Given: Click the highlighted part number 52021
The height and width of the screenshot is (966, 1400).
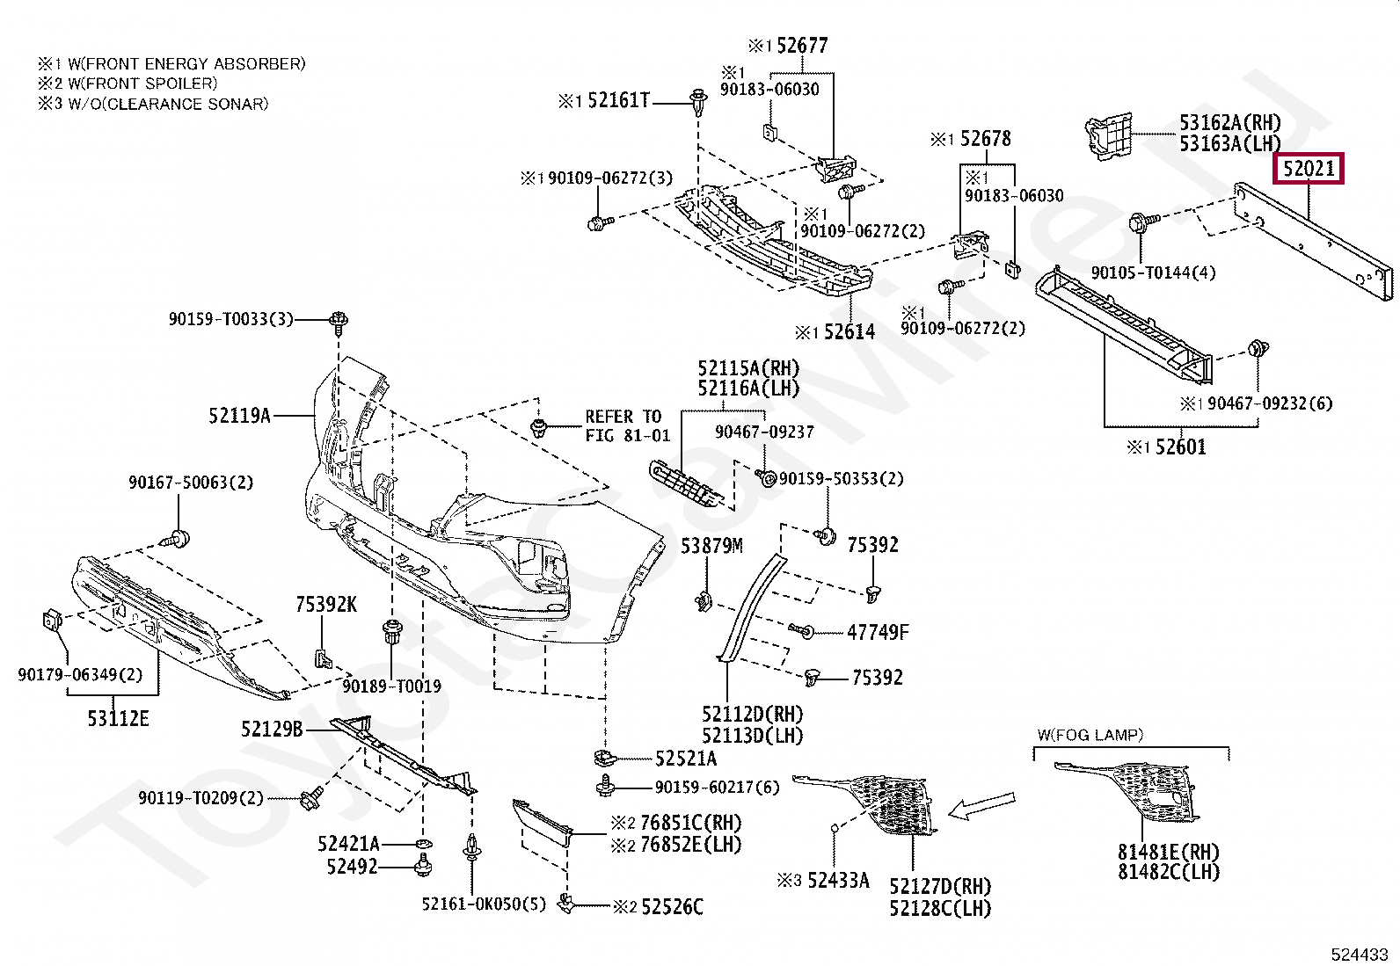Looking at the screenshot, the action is [x=1309, y=169].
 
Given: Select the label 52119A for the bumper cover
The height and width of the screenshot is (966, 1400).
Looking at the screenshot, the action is [x=239, y=416].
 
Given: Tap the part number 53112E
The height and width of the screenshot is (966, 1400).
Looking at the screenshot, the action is [x=118, y=719].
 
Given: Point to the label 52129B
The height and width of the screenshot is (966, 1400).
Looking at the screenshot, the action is [x=272, y=730].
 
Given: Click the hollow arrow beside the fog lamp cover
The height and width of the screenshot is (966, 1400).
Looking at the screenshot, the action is [x=982, y=805].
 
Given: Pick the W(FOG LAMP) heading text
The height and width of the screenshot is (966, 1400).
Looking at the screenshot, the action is [x=1090, y=735].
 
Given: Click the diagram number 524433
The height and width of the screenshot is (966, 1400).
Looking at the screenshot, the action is [x=1360, y=954].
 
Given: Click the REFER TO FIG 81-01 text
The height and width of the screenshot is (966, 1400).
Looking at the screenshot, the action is [x=628, y=426].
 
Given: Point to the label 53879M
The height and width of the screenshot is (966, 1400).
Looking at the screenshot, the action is [x=711, y=546].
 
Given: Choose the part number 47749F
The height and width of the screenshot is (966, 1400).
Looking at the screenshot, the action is [x=879, y=632].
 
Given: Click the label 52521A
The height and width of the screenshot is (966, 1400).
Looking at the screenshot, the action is [x=686, y=759].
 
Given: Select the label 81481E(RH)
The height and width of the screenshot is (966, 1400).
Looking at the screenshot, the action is [x=1169, y=852].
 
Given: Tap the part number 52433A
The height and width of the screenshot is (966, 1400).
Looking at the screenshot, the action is [x=839, y=881].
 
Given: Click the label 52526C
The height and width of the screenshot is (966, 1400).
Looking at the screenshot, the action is [x=673, y=906].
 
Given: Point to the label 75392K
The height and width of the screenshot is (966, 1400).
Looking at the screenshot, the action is [x=326, y=605].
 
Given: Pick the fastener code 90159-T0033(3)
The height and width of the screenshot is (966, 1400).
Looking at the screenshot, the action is [x=231, y=319].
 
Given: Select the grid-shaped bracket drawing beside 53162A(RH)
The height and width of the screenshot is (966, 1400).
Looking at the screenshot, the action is [x=1108, y=137].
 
